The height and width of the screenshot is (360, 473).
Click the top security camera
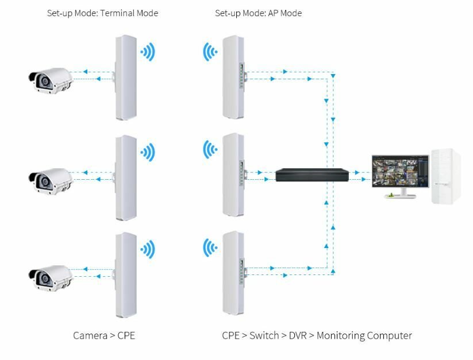click(x=51, y=80)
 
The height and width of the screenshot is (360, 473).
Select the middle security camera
click(x=51, y=179)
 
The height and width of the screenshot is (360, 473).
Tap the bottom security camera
click(x=51, y=277)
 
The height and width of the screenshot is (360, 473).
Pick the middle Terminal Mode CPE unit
click(x=126, y=177)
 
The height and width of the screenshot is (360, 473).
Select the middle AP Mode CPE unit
click(x=233, y=175)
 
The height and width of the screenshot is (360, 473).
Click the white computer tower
click(x=446, y=176)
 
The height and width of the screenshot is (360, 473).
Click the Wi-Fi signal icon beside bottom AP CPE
click(x=210, y=249)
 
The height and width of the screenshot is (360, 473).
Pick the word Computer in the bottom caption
click(x=391, y=335)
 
